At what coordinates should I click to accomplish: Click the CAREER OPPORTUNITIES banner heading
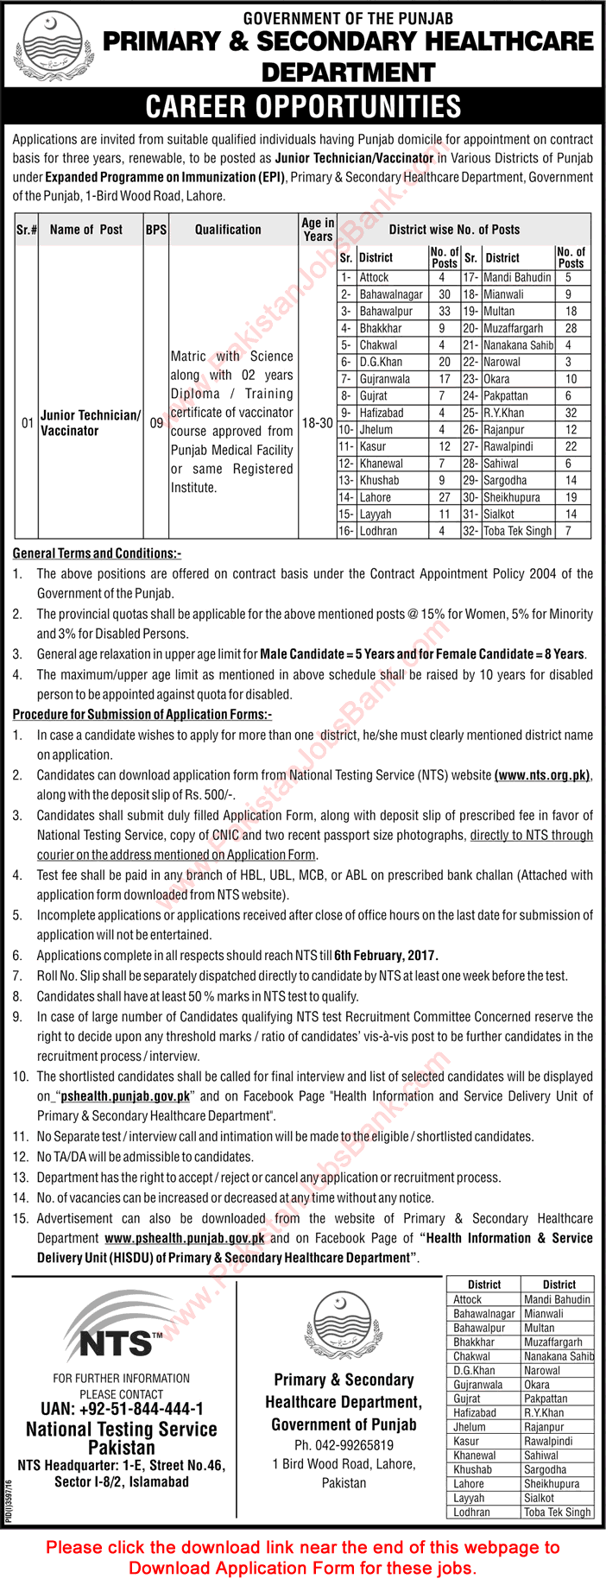pyautogui.click(x=303, y=106)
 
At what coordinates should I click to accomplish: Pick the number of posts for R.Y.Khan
pyautogui.click(x=570, y=413)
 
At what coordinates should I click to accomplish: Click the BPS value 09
pyautogui.click(x=155, y=424)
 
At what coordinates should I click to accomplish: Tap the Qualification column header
pyautogui.click(x=228, y=230)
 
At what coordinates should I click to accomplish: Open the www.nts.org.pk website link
pyautogui.click(x=542, y=776)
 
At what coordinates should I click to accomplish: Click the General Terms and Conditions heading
pyautogui.click(x=97, y=553)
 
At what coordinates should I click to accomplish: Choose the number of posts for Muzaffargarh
pyautogui.click(x=570, y=328)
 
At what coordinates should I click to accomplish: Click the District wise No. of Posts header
pyautogui.click(x=454, y=230)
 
